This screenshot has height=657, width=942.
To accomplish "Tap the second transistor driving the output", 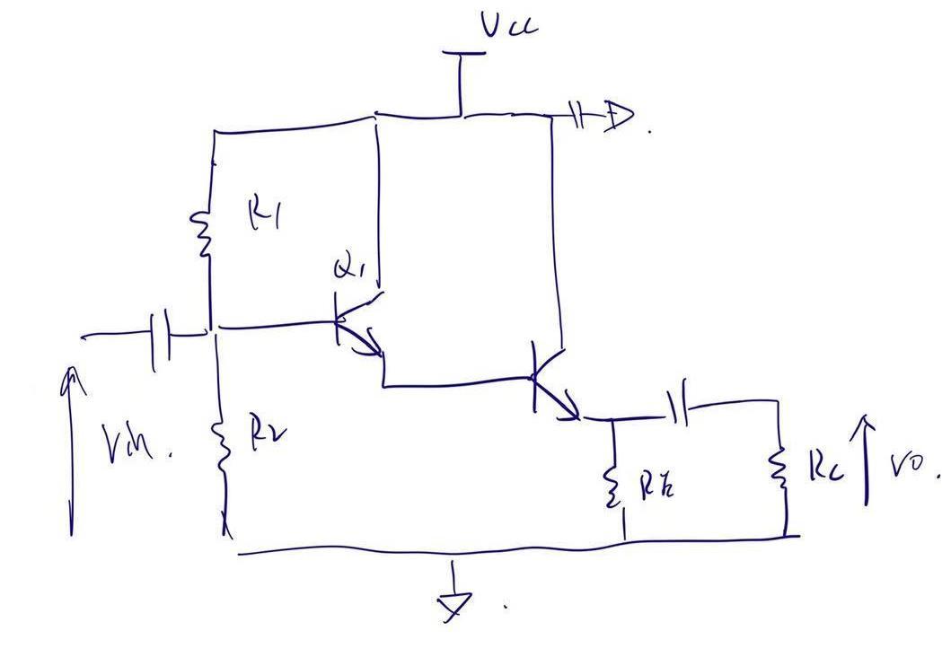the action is [x=550, y=384].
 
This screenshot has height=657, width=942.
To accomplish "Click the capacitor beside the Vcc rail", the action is [x=578, y=115].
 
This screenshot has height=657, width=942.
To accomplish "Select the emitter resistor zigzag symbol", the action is [x=614, y=486].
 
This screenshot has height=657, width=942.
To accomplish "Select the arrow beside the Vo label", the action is [x=867, y=458].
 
